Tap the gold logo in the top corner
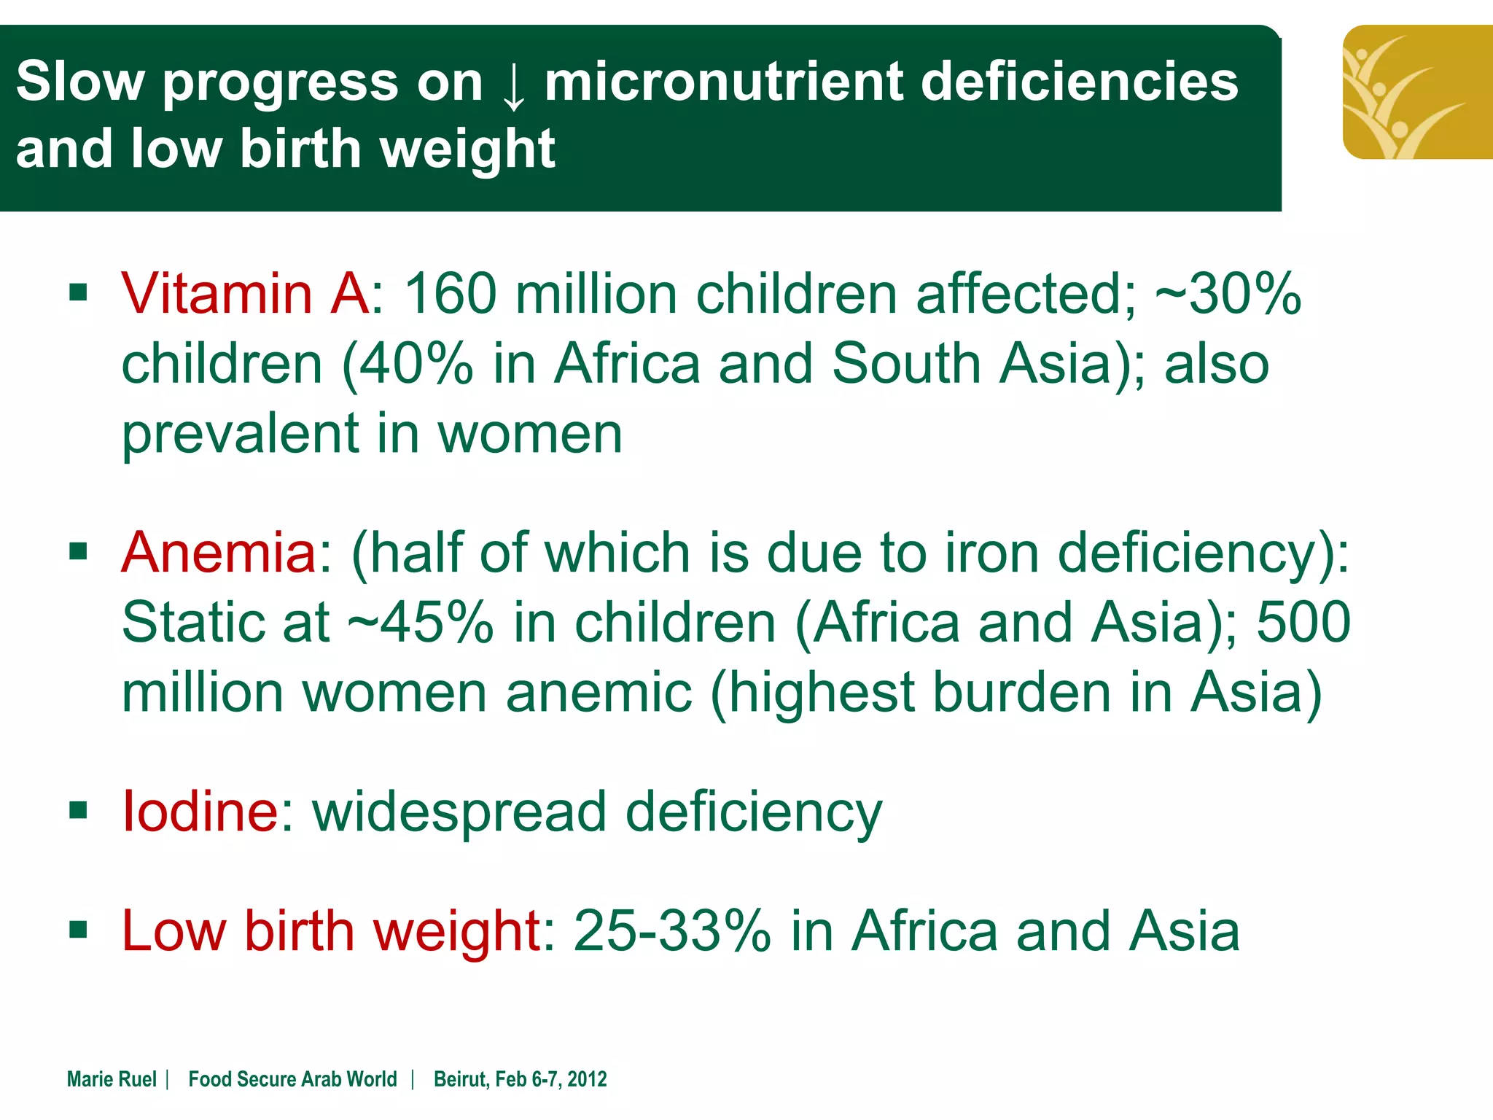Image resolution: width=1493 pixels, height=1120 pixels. point(1417,92)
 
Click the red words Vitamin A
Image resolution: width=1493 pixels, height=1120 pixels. point(245,293)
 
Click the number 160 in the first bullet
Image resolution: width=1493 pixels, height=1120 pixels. point(450,293)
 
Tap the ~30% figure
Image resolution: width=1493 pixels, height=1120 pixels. point(1228,293)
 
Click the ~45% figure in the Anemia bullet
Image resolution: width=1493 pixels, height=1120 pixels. point(421,622)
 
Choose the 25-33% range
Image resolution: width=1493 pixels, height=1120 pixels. point(672,931)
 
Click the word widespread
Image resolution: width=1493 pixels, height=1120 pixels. point(459,811)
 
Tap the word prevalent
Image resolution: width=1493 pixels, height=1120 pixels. point(240,434)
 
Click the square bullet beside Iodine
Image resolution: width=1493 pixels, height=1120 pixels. point(78,810)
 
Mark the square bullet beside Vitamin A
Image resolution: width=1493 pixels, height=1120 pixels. point(78,293)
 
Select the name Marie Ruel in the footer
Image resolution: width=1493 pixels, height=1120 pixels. point(112,1079)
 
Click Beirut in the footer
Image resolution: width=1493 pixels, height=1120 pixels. point(460,1079)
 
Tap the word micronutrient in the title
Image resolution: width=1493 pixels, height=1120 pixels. point(722,81)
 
